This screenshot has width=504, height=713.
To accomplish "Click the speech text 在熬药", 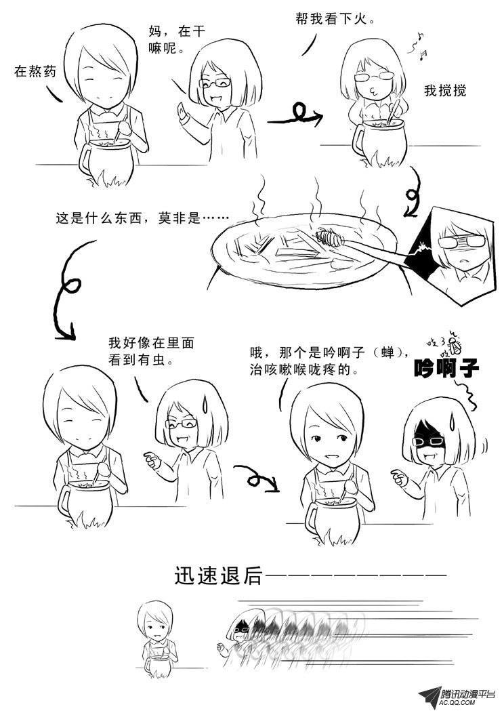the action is click(35, 71).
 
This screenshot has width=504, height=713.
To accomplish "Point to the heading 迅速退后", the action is click(219, 575).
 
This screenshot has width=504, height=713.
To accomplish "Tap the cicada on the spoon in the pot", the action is click(329, 237).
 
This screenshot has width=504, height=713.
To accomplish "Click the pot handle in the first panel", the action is click(85, 157).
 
